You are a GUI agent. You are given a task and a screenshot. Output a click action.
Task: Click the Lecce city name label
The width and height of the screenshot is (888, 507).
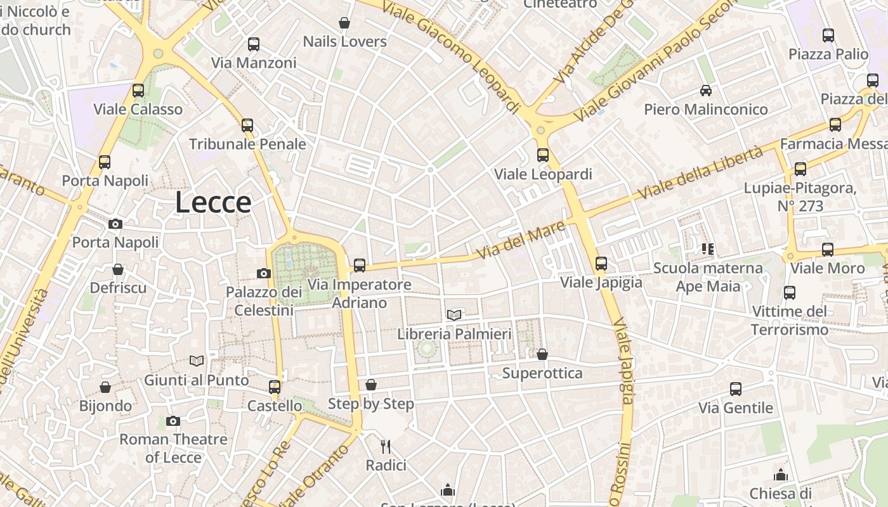click(x=213, y=203)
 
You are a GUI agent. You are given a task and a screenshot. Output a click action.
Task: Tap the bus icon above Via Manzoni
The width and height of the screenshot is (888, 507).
click(x=254, y=44)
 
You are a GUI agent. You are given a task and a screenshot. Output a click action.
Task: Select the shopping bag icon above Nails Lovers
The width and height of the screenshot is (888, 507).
click(x=344, y=23)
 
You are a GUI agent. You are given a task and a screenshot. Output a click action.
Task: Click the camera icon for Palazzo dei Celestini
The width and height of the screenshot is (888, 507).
click(x=264, y=273)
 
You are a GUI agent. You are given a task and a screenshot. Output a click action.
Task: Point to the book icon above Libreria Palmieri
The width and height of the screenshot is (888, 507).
click(x=454, y=315)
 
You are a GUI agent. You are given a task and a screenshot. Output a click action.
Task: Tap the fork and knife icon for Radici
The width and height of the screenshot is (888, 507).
click(x=386, y=446)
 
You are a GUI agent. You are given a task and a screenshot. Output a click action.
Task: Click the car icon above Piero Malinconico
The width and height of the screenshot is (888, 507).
click(x=706, y=91)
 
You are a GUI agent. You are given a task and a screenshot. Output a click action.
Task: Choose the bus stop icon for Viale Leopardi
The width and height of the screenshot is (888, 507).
click(x=543, y=155)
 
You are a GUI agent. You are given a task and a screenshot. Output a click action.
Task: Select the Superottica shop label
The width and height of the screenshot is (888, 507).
click(x=542, y=373)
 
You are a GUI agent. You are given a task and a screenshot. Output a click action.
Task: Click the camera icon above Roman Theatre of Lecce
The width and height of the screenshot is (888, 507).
click(x=173, y=421)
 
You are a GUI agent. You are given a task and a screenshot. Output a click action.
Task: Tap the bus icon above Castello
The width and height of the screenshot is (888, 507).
click(x=275, y=387)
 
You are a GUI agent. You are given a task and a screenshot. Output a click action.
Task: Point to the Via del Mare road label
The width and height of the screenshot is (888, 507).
click(x=520, y=240)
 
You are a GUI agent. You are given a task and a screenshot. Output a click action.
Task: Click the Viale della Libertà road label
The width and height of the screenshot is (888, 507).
click(x=701, y=172)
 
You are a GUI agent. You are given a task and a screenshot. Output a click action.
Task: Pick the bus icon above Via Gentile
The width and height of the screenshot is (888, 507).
click(x=736, y=389)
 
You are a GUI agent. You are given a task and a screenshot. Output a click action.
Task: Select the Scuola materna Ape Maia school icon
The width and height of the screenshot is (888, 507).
click(x=708, y=249)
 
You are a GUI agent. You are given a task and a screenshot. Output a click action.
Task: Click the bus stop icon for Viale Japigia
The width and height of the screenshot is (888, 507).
click(x=601, y=263)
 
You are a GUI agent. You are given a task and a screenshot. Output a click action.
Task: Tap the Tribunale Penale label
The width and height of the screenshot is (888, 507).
click(x=247, y=144)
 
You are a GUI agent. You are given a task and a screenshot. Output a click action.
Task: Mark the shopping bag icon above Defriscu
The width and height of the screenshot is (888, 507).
click(x=118, y=269)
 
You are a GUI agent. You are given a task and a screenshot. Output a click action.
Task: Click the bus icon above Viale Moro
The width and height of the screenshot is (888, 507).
click(x=828, y=250)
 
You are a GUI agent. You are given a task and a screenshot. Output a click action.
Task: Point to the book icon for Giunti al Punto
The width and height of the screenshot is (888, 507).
click(x=197, y=361)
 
